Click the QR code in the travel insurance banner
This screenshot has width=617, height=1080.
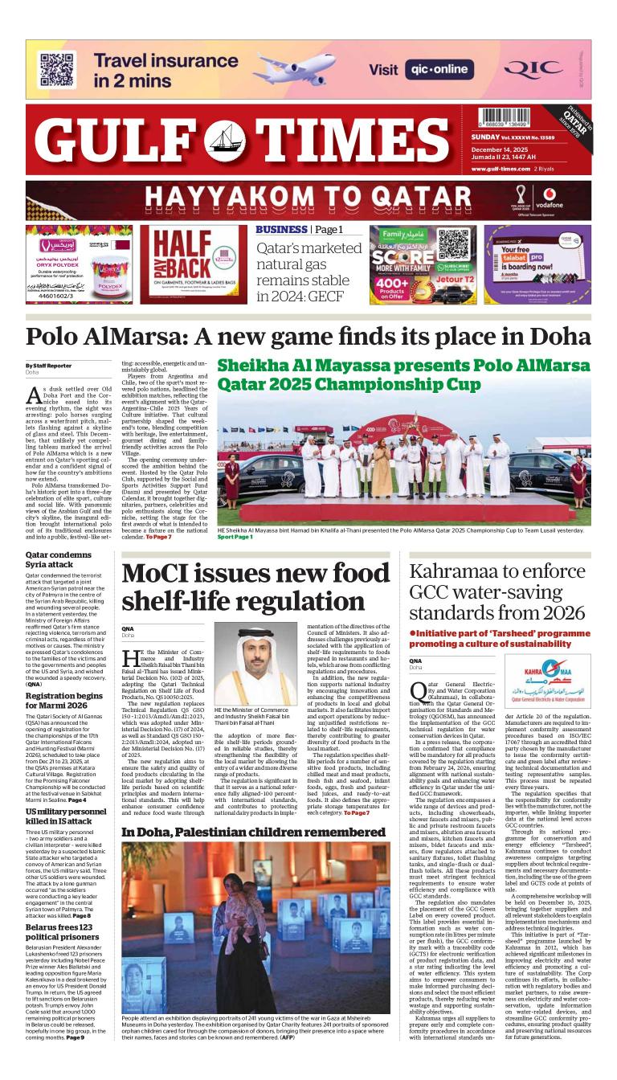pyautogui.click(x=57, y=69)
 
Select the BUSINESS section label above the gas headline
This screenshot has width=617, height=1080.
pyautogui.click(x=281, y=230)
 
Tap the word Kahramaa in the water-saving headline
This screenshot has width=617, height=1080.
pyautogui.click(x=454, y=572)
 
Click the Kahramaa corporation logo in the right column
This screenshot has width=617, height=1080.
pyautogui.click(x=548, y=680)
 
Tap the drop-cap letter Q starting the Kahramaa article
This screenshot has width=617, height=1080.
pyautogui.click(x=418, y=690)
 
